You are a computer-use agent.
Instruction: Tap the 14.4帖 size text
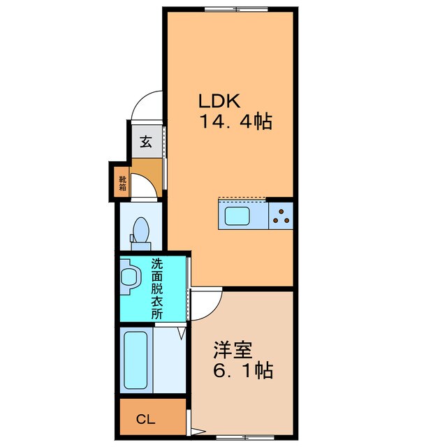tap(236, 122)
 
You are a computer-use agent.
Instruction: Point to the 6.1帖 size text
tap(242, 369)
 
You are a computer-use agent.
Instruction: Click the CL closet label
tap(145, 419)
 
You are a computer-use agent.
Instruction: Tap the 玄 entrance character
tap(146, 142)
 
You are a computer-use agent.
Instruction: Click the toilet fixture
tap(141, 230)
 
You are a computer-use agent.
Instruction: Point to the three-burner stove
tap(281, 214)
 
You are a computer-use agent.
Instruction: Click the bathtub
tap(137, 360)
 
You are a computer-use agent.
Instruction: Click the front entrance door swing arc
tap(148, 106)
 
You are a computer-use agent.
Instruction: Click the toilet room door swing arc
tap(148, 186)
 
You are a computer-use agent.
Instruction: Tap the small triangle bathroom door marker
tap(181, 334)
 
